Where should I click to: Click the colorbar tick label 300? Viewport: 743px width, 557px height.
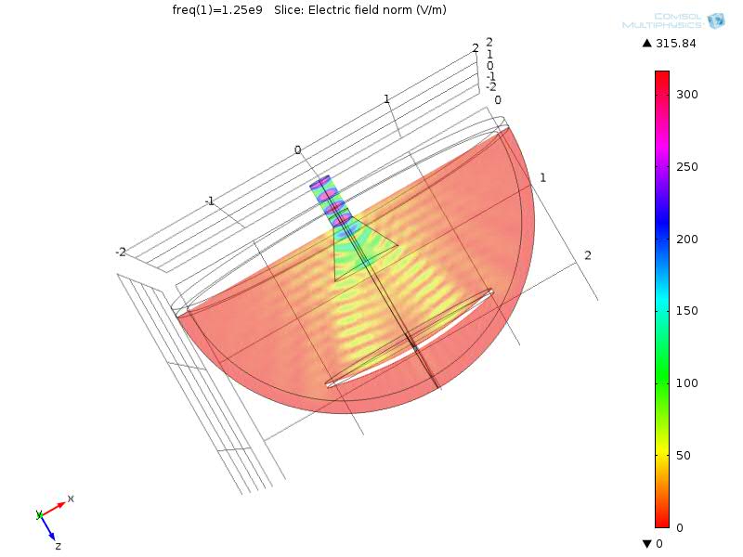tap(686, 95)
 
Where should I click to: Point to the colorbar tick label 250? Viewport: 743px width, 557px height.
tap(686, 167)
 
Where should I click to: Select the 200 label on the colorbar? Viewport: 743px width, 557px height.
tap(686, 240)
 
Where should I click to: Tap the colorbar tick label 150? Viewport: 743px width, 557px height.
tap(686, 311)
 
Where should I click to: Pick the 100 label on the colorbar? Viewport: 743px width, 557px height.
tap(686, 382)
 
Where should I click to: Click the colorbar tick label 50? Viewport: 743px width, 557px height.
tap(684, 456)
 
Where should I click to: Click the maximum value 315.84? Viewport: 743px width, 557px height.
tap(676, 44)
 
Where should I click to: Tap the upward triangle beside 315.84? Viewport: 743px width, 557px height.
tap(646, 43)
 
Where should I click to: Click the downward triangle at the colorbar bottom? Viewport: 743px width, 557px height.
tap(646, 543)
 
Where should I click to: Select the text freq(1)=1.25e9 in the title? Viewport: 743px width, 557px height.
tap(217, 10)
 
